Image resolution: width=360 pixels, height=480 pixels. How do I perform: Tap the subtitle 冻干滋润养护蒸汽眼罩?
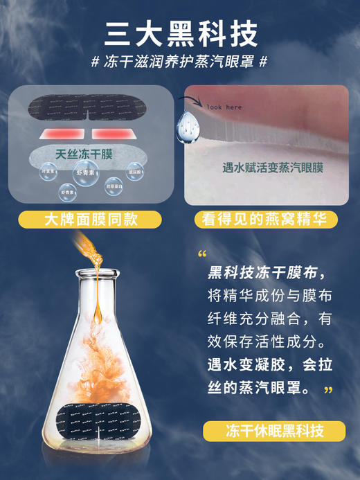coord(179,62)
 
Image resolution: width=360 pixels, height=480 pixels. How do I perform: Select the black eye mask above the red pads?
coord(90,107)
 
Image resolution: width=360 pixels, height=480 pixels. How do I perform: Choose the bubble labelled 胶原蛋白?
coord(115,186)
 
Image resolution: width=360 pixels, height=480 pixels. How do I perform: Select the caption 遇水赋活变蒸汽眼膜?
coord(265,167)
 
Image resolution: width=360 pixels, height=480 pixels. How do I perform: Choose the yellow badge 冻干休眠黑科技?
coord(274,431)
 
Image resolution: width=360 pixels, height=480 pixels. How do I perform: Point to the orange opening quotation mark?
coord(202,254)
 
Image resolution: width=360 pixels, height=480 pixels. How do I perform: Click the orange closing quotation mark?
coord(328,389)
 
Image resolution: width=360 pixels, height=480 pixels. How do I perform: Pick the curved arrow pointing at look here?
coord(185,102)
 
